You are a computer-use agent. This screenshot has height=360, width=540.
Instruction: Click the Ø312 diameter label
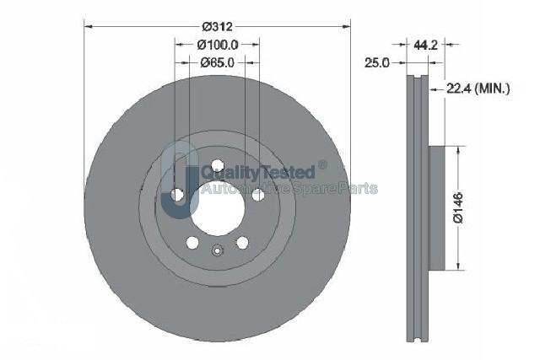click(218, 26)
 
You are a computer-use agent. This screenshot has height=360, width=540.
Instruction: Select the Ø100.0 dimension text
click(218, 45)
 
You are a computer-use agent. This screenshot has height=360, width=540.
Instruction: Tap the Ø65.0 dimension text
click(218, 62)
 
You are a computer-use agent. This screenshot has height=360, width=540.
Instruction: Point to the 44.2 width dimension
click(425, 45)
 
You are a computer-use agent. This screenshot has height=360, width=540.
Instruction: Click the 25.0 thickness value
click(377, 62)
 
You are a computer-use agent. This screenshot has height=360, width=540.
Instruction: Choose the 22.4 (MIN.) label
click(478, 89)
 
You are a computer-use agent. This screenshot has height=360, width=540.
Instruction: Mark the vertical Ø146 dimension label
click(459, 208)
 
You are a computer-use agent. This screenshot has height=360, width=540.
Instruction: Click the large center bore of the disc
click(218, 208)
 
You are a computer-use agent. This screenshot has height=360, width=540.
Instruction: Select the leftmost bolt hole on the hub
click(178, 195)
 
